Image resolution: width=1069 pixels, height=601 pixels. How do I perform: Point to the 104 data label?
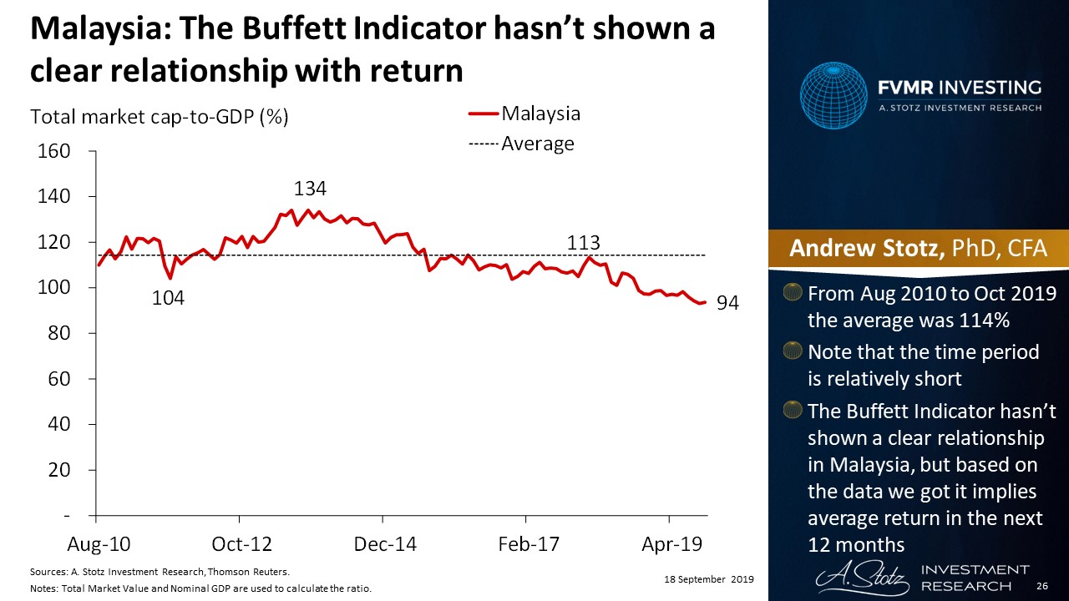pos(168,298)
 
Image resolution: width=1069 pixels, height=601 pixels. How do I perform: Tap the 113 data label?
pos(584,243)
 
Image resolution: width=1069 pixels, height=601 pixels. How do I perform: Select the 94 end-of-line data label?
pos(728,304)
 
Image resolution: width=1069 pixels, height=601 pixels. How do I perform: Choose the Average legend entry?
pos(537,144)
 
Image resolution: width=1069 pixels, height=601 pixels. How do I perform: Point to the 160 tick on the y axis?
pos(53,152)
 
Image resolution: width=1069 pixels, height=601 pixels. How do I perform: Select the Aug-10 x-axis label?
pos(98,544)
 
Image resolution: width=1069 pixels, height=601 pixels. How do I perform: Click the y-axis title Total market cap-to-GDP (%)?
pos(160,117)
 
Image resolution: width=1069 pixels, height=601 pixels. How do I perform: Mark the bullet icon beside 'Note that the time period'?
pos(791,352)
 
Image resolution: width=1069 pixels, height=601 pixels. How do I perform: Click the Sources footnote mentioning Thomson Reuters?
pos(159,572)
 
